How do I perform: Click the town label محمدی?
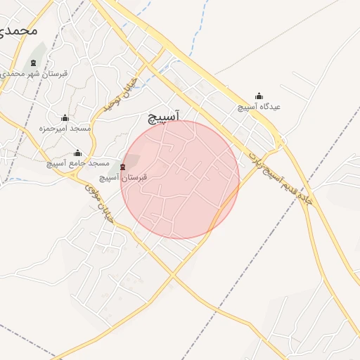coord(18,30)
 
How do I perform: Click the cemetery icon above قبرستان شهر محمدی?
coord(33,63)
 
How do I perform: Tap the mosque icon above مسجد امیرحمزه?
coord(65,118)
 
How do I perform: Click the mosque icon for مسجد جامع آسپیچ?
coord(77,153)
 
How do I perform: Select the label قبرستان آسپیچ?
coord(123,178)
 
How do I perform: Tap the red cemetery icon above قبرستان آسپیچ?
coord(124,167)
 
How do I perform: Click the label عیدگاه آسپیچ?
coord(259,107)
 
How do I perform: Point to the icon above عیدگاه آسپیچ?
coord(259,96)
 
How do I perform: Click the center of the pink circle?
coord(180,180)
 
